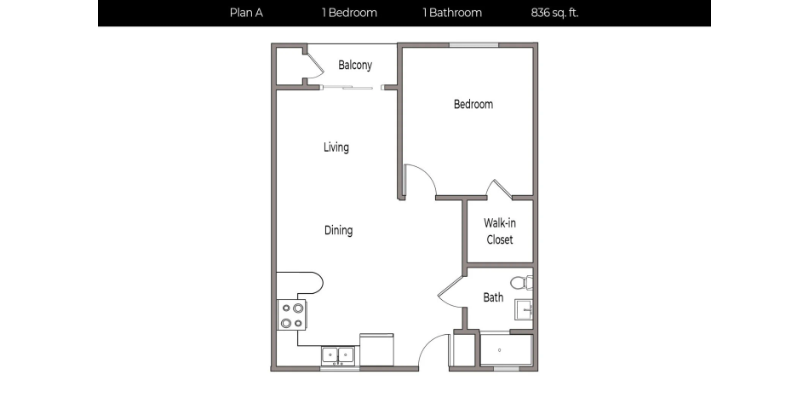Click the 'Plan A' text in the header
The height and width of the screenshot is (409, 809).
(246, 13)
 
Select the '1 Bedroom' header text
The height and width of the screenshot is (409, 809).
(349, 13)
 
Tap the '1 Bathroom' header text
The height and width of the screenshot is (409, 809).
(452, 13)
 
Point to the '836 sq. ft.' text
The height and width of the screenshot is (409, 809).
(554, 13)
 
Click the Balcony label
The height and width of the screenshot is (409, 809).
(355, 66)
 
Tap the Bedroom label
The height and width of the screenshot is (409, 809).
(473, 105)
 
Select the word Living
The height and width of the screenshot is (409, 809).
(336, 147)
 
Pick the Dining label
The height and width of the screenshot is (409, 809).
(338, 230)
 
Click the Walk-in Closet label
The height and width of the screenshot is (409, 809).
(500, 231)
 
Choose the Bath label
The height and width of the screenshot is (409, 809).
(493, 297)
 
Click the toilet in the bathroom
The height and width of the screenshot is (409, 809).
(521, 282)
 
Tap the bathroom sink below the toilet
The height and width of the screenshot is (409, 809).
(524, 310)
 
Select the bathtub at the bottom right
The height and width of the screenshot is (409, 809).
(506, 349)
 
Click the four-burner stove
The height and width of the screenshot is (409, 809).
(292, 315)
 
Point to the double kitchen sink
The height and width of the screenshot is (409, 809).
(338, 355)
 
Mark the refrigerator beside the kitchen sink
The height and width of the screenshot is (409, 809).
(377, 350)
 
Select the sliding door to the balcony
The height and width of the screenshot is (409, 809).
(350, 87)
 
